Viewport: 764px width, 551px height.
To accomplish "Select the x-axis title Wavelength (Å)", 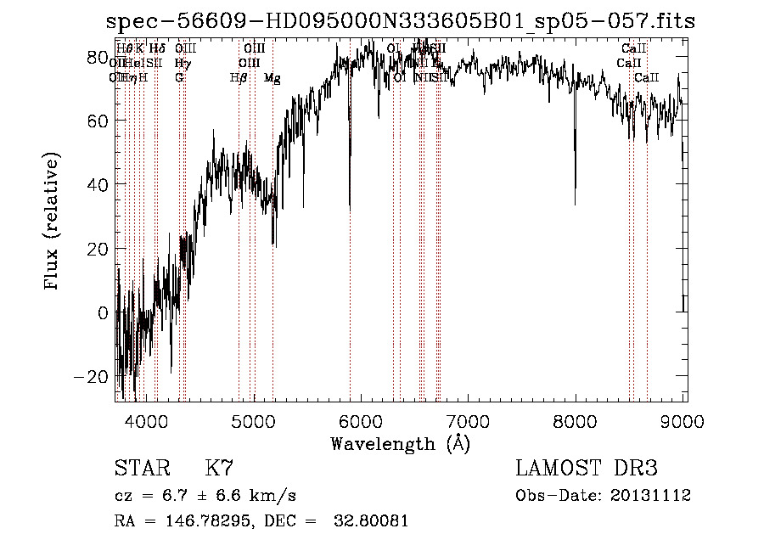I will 400,443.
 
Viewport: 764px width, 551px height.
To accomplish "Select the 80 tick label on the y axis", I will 97,57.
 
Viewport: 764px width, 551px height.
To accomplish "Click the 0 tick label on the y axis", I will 102,312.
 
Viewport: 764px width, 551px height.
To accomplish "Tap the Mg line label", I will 272,78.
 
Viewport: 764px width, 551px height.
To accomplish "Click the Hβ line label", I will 239,78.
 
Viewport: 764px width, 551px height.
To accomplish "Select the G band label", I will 179,78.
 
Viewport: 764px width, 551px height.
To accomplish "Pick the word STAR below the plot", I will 141,469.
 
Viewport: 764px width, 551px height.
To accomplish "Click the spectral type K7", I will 219,469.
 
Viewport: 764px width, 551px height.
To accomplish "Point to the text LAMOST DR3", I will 586,469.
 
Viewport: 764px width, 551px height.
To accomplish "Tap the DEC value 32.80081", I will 373,521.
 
